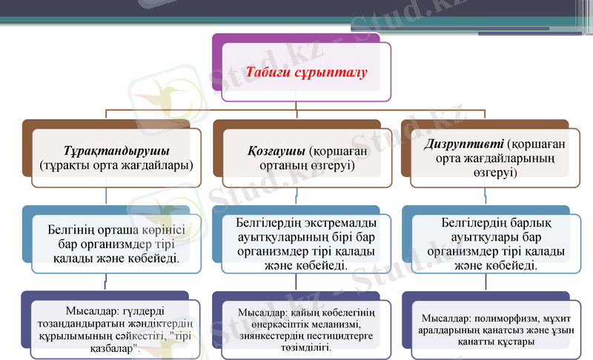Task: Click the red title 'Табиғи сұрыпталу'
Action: pos(306,73)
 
